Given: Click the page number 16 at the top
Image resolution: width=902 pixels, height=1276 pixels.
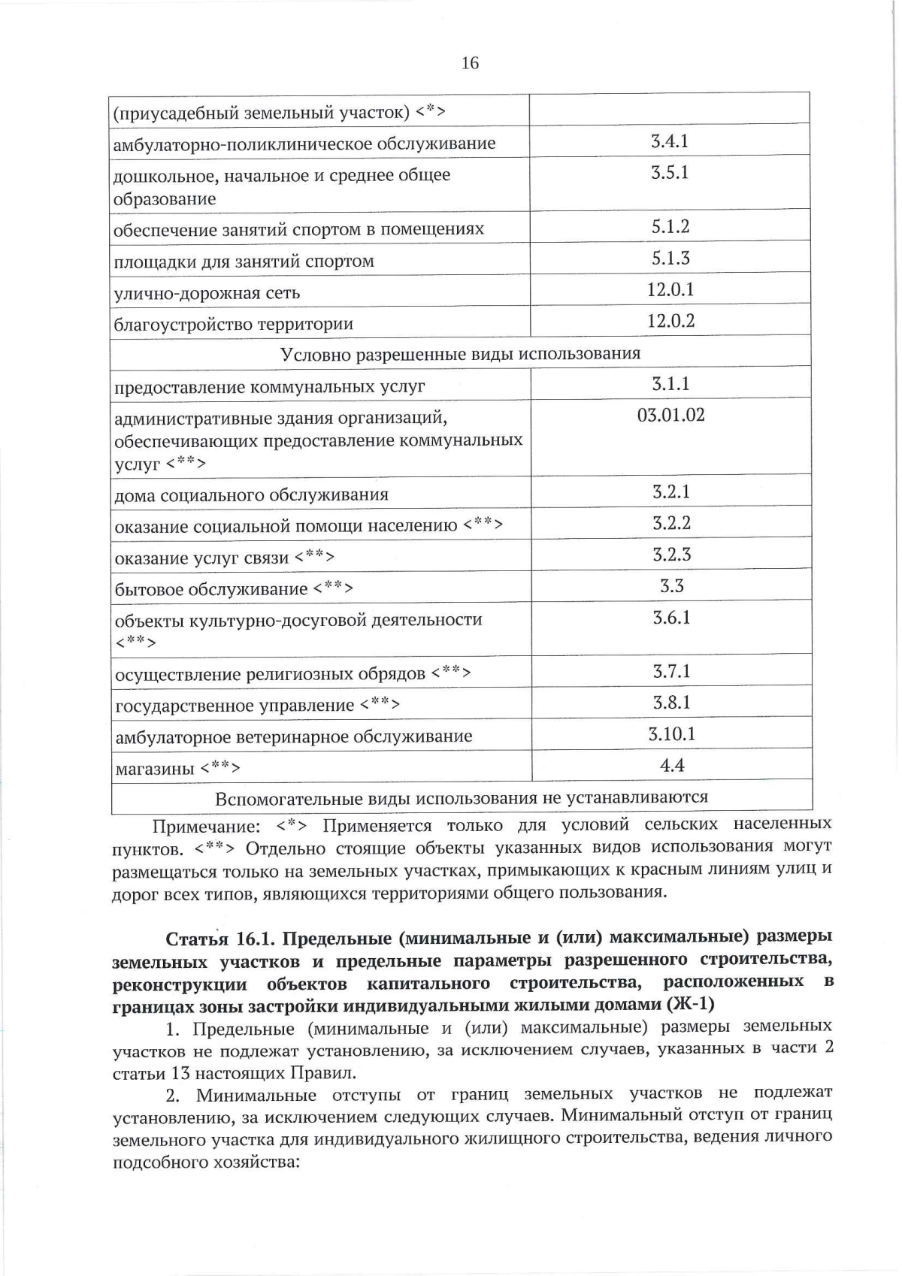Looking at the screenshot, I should point(469,63).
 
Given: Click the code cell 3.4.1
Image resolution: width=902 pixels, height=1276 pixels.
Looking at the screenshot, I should point(670,141).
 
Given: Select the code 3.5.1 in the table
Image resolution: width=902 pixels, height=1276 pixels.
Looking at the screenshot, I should point(670,172).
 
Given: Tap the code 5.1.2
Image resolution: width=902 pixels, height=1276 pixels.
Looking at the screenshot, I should point(670,226).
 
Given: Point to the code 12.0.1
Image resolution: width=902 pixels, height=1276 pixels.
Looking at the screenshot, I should point(670,289).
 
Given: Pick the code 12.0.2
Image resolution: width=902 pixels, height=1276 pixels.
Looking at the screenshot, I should point(670,321).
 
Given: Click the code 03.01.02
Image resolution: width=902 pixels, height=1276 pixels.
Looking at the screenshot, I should point(670,415).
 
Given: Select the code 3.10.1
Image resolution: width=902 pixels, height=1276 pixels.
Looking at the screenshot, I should point(671,733).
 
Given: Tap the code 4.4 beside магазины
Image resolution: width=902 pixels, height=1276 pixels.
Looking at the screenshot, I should point(671,765).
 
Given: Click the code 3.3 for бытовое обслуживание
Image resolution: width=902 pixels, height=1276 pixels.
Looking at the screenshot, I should point(671,585).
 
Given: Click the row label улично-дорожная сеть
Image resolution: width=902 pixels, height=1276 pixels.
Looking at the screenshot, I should point(207,293).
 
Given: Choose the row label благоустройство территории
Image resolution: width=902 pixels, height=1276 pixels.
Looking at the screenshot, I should point(233,325).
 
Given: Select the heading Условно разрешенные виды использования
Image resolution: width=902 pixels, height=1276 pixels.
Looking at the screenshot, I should point(460,354).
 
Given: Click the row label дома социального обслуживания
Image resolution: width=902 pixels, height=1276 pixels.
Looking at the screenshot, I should point(251,495).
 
